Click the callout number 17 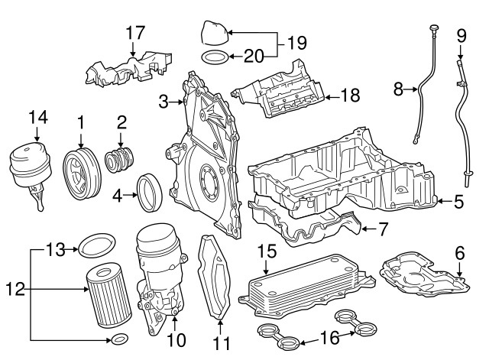134,33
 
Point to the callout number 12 15,289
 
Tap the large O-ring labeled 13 92,246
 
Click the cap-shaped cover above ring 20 213,33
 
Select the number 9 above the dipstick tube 461,34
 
